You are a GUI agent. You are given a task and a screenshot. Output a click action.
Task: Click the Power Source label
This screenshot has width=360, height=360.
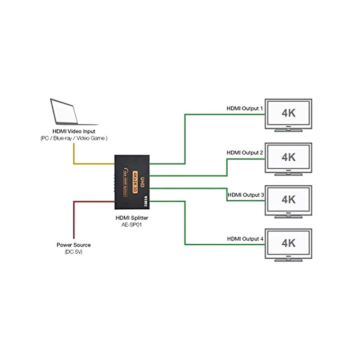click(x=73, y=245)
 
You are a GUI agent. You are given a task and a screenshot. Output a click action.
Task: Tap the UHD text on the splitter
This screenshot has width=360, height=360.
click(x=142, y=181)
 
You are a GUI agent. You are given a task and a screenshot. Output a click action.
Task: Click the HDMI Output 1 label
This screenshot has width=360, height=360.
click(x=244, y=109)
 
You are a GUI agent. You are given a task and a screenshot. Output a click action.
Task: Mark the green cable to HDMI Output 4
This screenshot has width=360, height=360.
click(x=185, y=225)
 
